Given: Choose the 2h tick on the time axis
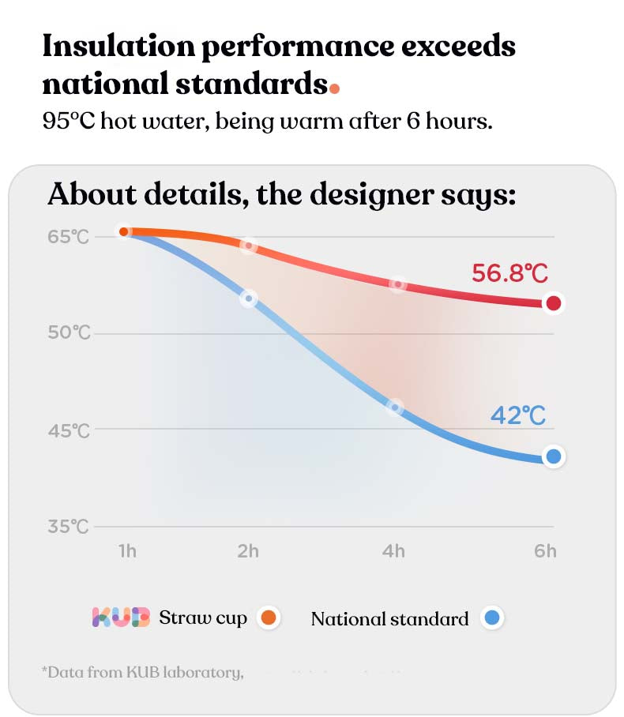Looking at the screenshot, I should click(x=248, y=551).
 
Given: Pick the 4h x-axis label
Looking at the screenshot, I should click(x=393, y=551).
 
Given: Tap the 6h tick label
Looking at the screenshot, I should click(x=545, y=551).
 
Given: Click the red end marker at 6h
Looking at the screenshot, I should click(x=554, y=302).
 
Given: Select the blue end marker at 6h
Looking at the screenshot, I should click(x=554, y=456).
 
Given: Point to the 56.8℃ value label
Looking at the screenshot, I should click(x=509, y=274).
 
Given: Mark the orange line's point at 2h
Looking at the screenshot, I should click(x=249, y=246).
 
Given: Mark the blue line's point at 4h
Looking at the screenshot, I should click(x=395, y=407).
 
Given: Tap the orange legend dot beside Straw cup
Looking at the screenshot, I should click(x=269, y=618).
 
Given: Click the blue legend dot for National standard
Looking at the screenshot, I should click(x=492, y=618).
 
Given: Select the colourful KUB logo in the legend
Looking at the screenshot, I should click(x=121, y=618).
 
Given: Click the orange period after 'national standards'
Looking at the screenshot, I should click(x=335, y=88).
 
